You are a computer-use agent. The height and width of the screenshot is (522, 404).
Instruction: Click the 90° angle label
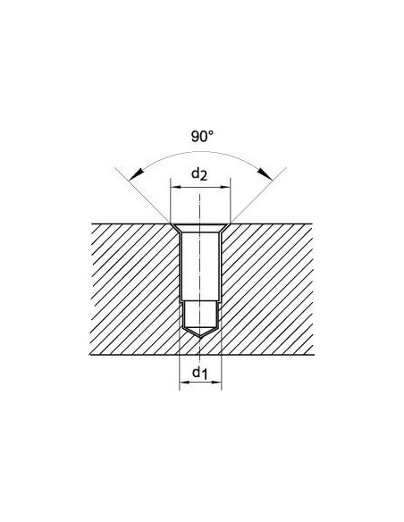202,137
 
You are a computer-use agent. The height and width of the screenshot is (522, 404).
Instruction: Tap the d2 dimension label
199,174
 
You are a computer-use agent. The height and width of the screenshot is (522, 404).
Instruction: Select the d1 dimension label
199,373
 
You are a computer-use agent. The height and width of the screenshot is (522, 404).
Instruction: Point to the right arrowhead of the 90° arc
265,173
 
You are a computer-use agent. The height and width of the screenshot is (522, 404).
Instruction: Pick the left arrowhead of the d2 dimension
176,188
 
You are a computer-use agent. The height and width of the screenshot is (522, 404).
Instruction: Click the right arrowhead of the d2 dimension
225,188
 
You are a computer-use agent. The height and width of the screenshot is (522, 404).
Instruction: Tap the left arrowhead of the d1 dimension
185,383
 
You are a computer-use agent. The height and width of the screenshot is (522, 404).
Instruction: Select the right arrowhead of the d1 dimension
216,383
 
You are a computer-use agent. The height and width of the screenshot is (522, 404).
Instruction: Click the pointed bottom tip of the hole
200,338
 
